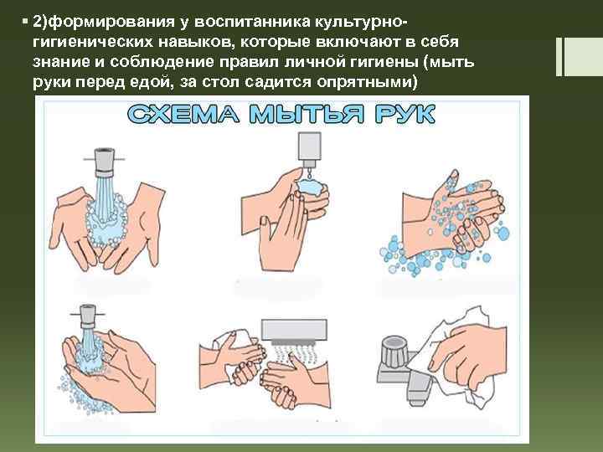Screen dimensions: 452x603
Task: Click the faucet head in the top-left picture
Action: [105, 157]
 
